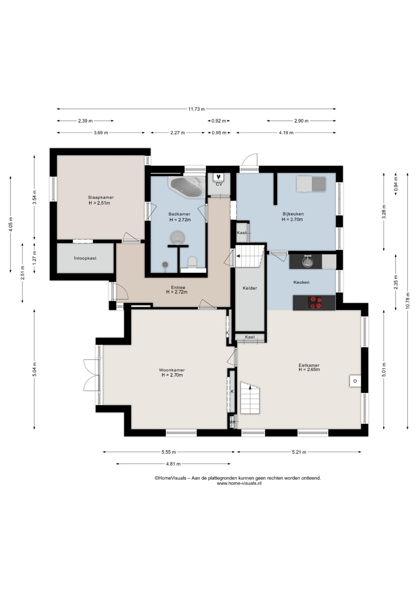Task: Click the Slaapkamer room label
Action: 101,198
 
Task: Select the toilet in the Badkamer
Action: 192,262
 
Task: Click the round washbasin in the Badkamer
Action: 178,237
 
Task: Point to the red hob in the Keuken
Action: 315,302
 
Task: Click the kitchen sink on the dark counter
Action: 307,261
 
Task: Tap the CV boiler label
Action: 219,184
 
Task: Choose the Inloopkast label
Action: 85,258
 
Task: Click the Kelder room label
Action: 250,288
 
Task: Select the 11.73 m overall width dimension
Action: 197,109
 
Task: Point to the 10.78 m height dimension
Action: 408,301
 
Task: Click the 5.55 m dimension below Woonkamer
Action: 169,452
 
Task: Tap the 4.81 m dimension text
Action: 173,464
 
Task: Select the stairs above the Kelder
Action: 250,256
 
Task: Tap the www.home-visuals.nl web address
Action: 239,483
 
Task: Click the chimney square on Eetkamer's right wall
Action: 355,381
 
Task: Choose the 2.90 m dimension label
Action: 301,121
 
